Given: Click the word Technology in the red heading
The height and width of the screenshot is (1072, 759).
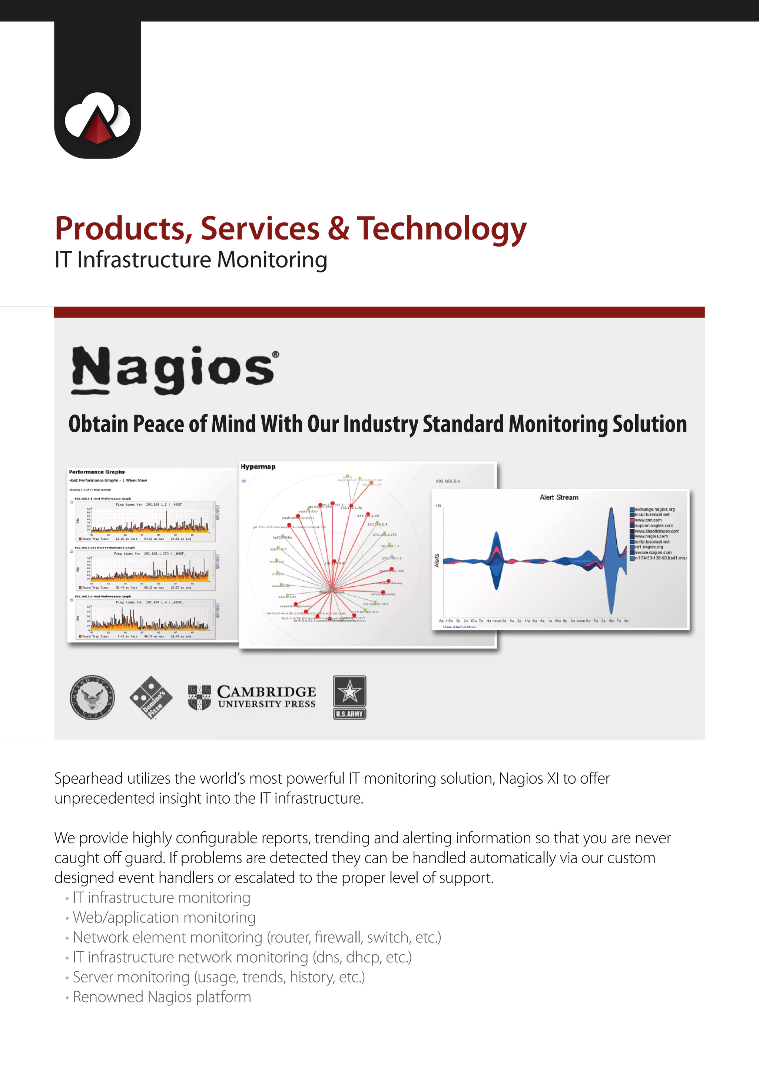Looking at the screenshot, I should tap(442, 229).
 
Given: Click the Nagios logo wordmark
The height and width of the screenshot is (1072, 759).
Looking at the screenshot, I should tap(173, 369).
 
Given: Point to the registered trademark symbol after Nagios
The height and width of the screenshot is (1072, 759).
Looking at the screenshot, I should tap(276, 355).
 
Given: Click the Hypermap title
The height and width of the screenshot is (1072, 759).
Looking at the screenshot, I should tap(258, 466).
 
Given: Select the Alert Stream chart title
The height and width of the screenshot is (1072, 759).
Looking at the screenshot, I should tap(559, 497).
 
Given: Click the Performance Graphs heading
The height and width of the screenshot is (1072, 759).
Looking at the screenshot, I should tap(97, 472).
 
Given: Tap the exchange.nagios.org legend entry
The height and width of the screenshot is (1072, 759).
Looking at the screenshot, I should tap(654, 509).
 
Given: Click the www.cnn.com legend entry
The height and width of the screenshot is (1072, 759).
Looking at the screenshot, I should tap(648, 520).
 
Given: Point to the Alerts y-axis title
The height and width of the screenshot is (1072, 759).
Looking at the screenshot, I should tap(437, 560).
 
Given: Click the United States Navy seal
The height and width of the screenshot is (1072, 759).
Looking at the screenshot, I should tap(92, 697).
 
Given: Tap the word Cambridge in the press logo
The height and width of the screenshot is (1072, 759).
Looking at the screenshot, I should tap(266, 692).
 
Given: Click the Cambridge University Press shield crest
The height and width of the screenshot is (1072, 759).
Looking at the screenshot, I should tap(199, 697).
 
